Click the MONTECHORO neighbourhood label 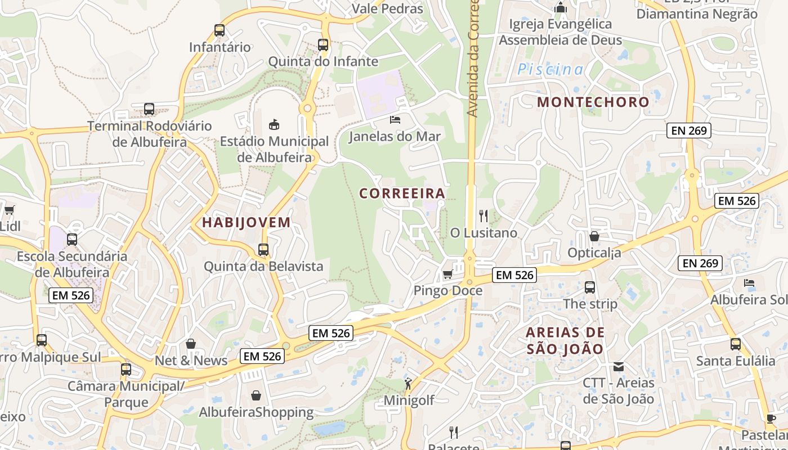[x=593, y=102]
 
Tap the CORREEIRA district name [x=402, y=193]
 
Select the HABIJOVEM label [x=247, y=222]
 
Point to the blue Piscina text [x=550, y=70]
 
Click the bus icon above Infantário [x=220, y=30]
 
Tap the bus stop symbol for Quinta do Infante [x=323, y=45]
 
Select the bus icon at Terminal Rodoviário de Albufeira [x=149, y=109]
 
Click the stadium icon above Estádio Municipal [x=274, y=124]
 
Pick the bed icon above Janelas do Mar [x=395, y=119]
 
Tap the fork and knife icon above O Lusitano [x=483, y=215]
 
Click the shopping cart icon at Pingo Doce [x=448, y=274]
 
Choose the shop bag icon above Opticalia [x=594, y=236]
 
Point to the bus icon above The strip [x=590, y=287]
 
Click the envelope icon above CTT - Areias [x=619, y=367]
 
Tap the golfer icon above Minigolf [x=408, y=384]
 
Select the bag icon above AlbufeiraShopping [x=256, y=395]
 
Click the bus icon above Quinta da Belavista [x=263, y=249]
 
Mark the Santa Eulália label [x=736, y=361]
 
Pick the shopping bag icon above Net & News [x=191, y=344]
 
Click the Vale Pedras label [x=387, y=8]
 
